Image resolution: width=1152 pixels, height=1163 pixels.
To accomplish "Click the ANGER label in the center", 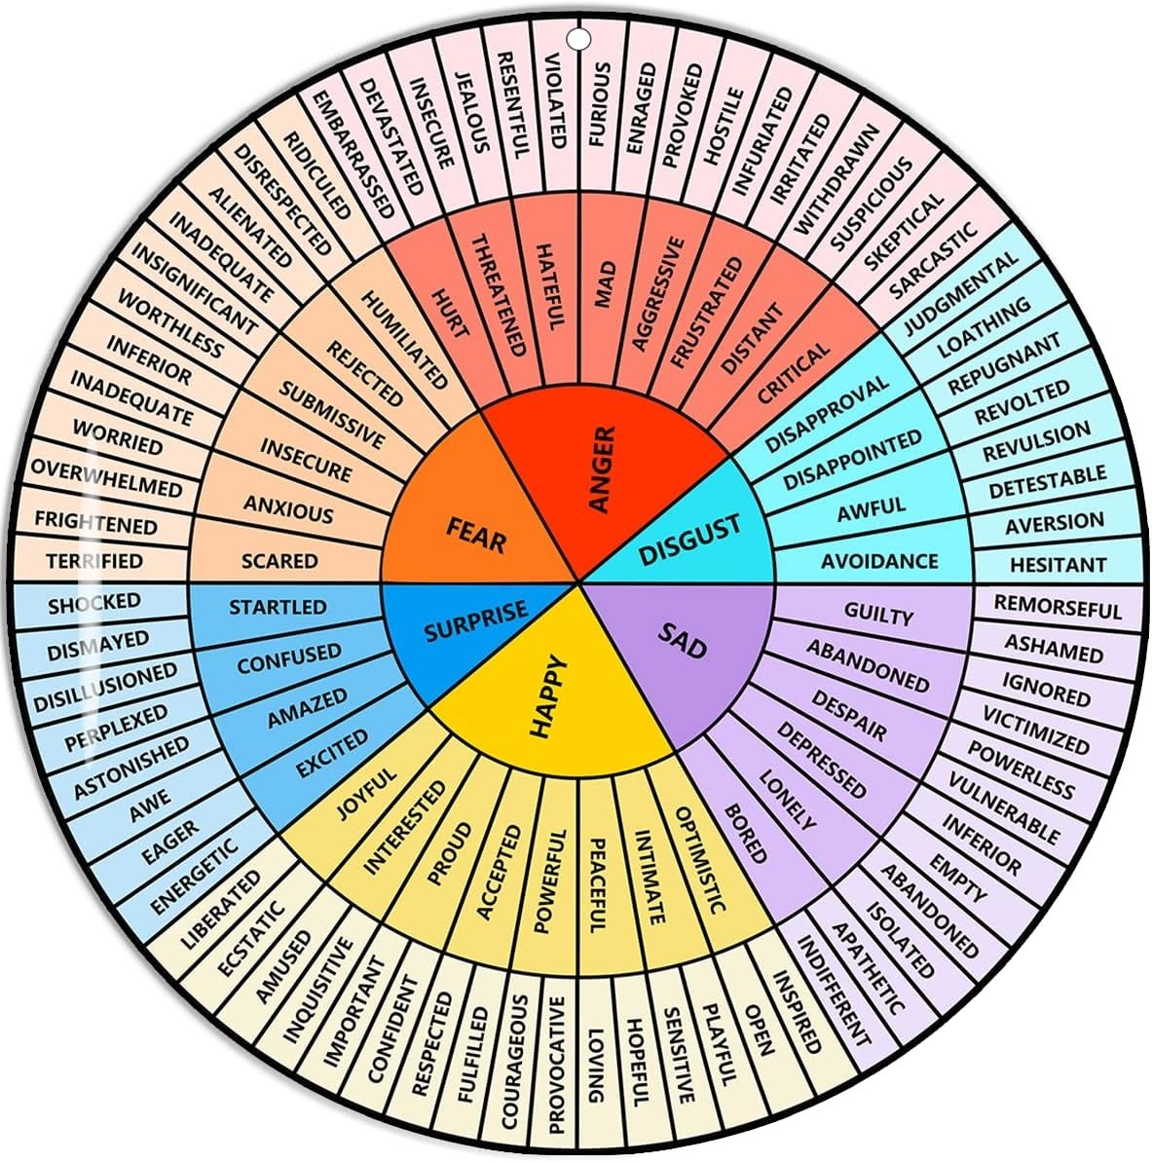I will click(604, 469).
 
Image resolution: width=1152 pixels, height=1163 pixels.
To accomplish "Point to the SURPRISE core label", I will click(475, 621).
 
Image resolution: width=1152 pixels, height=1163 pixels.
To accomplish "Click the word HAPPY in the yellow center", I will click(547, 697).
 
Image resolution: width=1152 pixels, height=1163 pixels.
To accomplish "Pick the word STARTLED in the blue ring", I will click(278, 607).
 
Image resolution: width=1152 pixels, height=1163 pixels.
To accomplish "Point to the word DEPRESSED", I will click(821, 761).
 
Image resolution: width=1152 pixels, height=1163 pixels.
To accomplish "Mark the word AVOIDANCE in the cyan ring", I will click(878, 561).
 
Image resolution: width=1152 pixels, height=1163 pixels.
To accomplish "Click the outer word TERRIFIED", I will click(93, 561).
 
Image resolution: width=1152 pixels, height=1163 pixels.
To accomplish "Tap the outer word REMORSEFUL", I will click(1058, 607).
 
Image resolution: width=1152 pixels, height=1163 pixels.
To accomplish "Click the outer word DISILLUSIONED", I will click(105, 687).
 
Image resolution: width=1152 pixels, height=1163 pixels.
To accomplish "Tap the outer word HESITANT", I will click(1058, 564).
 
